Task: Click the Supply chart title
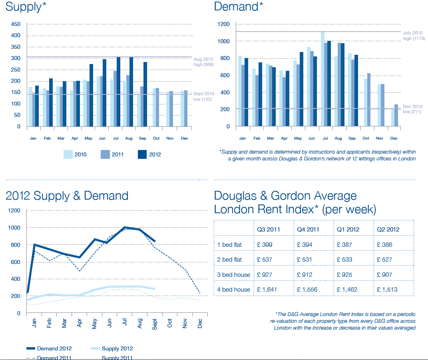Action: (x=24, y=7)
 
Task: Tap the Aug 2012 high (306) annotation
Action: (x=203, y=62)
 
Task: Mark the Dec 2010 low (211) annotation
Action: (x=412, y=109)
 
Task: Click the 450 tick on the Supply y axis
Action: (x=16, y=24)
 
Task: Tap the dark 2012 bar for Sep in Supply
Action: (x=145, y=94)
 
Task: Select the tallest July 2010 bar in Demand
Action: (x=322, y=79)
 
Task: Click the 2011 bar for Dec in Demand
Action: (x=396, y=116)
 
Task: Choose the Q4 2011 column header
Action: (x=308, y=230)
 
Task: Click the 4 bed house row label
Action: (x=233, y=289)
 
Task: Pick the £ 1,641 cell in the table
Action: (x=267, y=289)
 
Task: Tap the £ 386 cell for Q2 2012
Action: (x=384, y=244)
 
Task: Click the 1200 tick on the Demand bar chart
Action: (x=224, y=24)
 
